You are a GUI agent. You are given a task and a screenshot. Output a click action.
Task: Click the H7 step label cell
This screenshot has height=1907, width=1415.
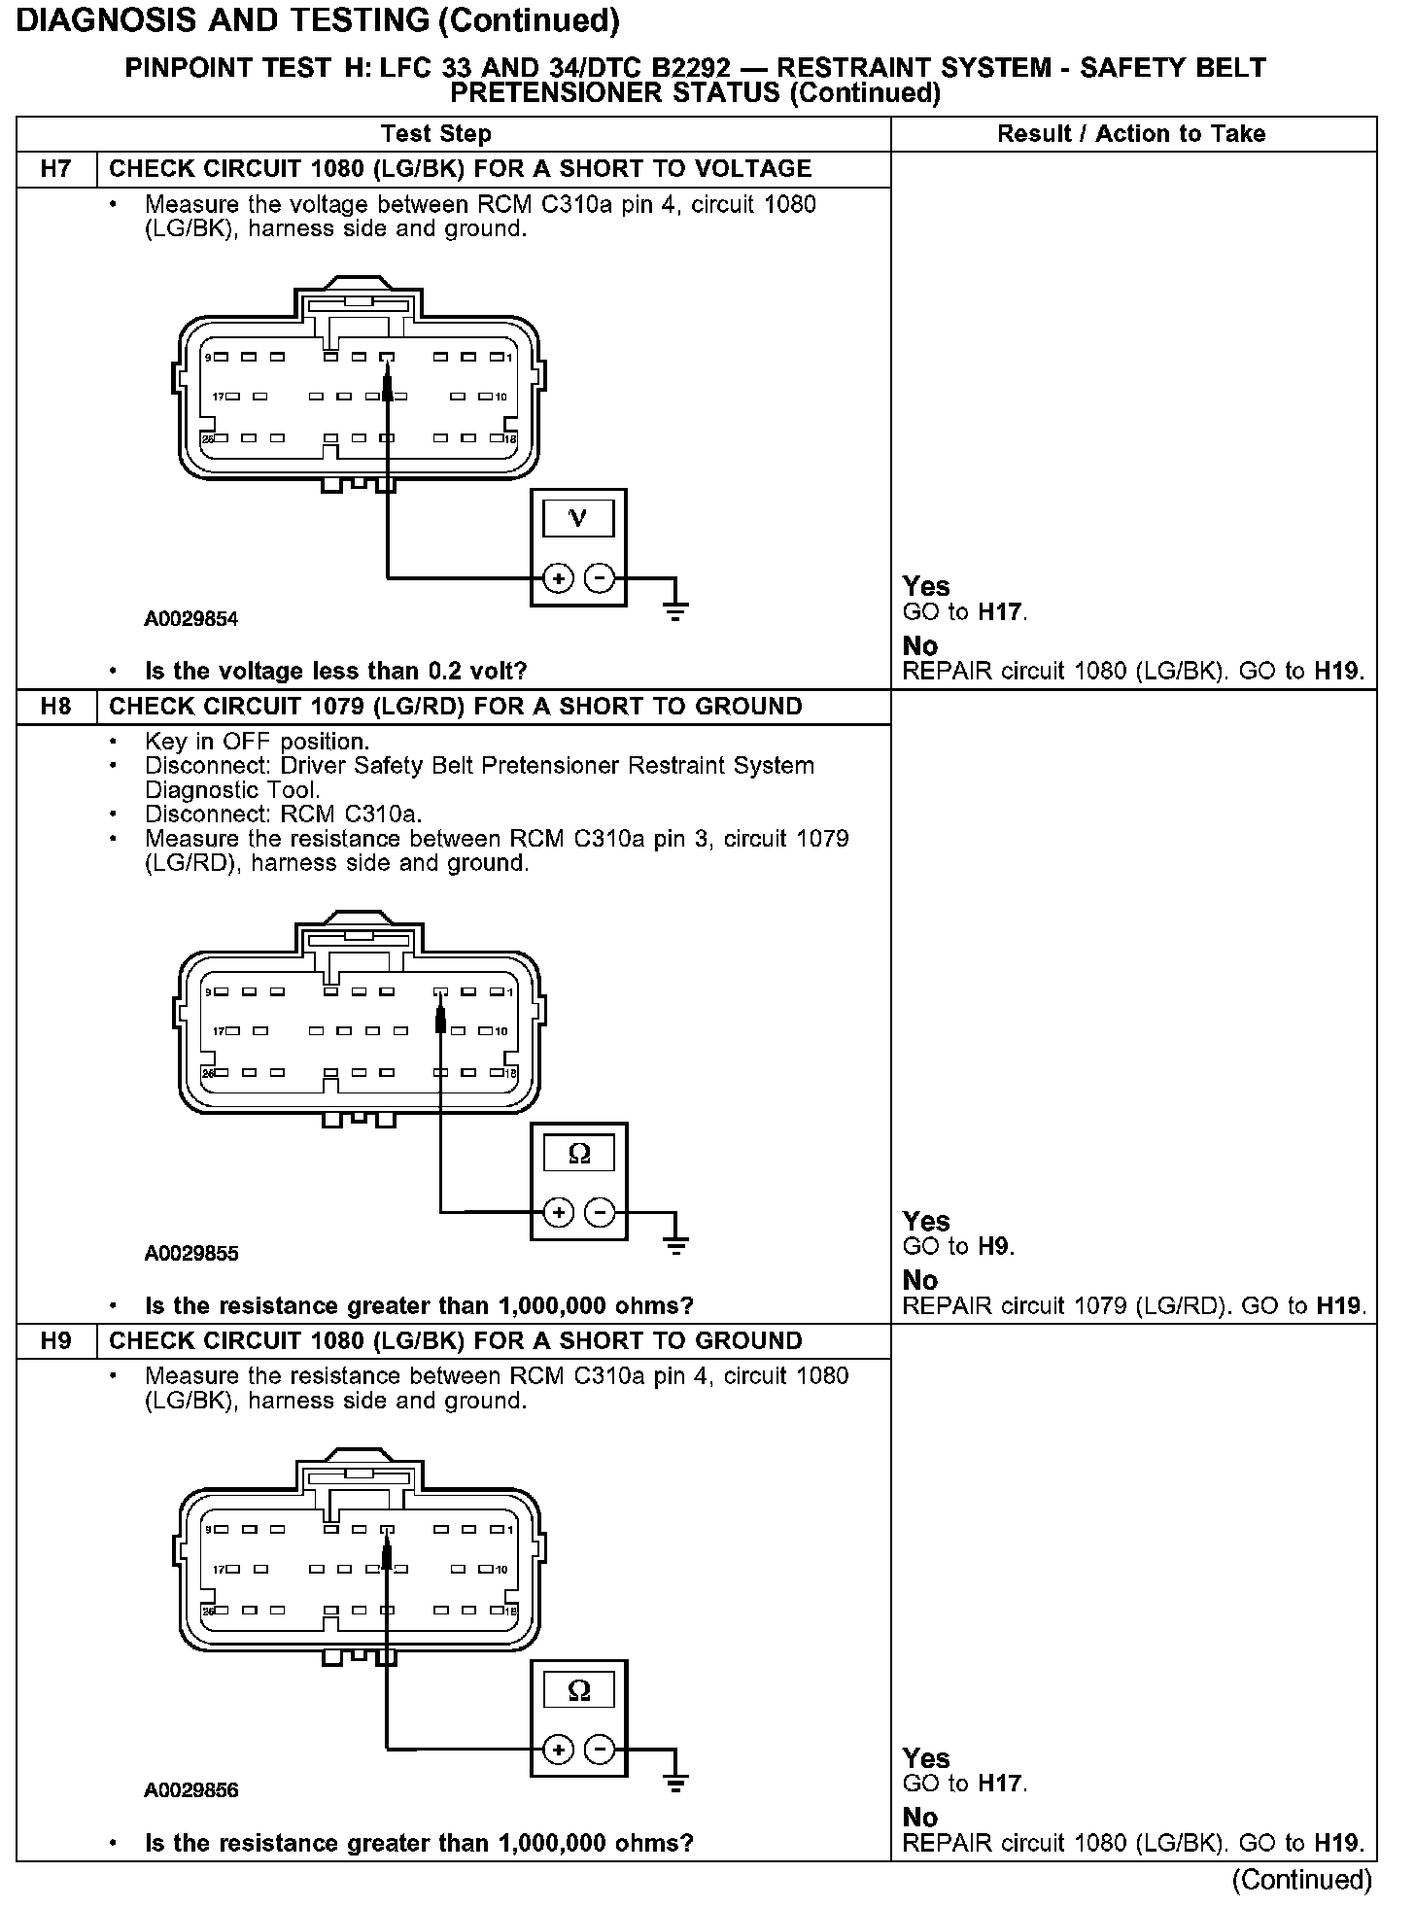pyautogui.click(x=56, y=169)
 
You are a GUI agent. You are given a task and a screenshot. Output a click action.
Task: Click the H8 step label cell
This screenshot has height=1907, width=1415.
pyautogui.click(x=56, y=707)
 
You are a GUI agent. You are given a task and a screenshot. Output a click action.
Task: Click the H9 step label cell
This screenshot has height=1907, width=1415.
pyautogui.click(x=56, y=1341)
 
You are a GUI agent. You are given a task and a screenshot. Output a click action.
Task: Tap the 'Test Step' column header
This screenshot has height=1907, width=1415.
pyautogui.click(x=435, y=134)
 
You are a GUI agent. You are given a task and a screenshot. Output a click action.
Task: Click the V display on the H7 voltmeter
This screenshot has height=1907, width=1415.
pyautogui.click(x=578, y=518)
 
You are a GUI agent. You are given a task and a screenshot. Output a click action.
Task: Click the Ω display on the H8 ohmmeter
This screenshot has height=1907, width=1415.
pyautogui.click(x=578, y=1154)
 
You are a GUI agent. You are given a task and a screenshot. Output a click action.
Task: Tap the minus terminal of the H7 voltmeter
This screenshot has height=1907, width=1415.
pyautogui.click(x=601, y=578)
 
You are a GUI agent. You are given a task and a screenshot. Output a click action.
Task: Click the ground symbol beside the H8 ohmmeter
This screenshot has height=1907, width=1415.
pyautogui.click(x=677, y=1243)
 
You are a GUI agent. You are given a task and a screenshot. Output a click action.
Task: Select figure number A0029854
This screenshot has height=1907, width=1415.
pyautogui.click(x=190, y=619)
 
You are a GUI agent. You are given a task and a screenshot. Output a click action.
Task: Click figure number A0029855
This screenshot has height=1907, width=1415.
pyautogui.click(x=190, y=1254)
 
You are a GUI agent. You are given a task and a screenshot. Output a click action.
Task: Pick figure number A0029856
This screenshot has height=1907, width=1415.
pyautogui.click(x=190, y=1790)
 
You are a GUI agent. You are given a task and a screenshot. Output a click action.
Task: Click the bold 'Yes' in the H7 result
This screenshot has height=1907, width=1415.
pyautogui.click(x=925, y=586)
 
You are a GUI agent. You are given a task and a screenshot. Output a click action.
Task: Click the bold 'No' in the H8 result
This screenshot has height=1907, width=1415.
pyautogui.click(x=919, y=1280)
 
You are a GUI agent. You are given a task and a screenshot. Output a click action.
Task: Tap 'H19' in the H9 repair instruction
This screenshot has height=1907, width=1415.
pyautogui.click(x=1339, y=1843)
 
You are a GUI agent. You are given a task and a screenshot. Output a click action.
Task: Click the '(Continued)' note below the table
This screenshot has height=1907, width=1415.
pyautogui.click(x=1301, y=1880)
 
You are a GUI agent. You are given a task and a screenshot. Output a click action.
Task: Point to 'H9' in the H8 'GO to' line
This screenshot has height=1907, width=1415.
pyautogui.click(x=993, y=1247)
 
